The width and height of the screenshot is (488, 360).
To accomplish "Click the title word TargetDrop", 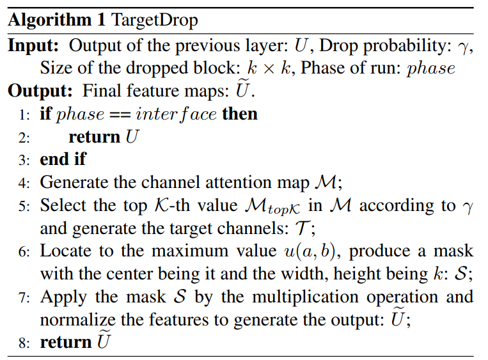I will point(155,20).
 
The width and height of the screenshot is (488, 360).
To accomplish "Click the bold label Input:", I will point(35,46).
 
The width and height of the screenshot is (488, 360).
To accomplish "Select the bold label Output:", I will point(39,91).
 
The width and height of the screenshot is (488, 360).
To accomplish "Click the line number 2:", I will point(24,137).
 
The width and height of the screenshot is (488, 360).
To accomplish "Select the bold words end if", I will point(63,159).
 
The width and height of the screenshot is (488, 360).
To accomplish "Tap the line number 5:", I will point(24,206).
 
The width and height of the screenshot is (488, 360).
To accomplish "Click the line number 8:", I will point(24,343).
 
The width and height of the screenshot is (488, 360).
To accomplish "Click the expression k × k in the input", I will point(266,68).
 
